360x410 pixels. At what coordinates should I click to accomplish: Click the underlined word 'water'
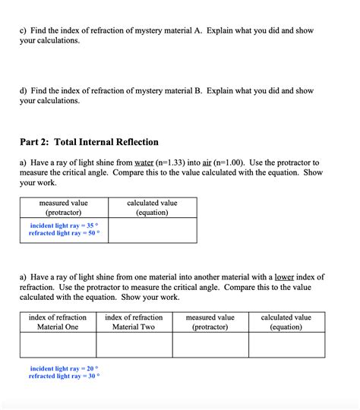click(144, 162)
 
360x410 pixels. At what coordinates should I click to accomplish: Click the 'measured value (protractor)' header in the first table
click(63, 208)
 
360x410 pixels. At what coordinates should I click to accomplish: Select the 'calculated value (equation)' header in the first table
click(152, 208)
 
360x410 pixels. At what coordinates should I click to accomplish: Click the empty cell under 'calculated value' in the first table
click(152, 231)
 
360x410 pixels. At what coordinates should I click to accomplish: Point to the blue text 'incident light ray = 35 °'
click(64, 225)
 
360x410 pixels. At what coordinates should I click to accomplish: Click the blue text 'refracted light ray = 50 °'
click(64, 234)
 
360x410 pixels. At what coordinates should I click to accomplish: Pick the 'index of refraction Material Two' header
click(134, 322)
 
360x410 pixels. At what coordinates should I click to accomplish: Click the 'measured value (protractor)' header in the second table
click(210, 322)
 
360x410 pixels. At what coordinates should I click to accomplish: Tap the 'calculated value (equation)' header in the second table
click(286, 322)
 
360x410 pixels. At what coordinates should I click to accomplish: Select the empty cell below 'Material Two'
click(134, 345)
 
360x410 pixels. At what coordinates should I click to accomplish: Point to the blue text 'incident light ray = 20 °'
click(64, 368)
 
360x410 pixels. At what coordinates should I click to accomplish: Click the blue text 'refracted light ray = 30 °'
click(64, 376)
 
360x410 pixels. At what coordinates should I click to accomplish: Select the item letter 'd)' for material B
click(24, 91)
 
